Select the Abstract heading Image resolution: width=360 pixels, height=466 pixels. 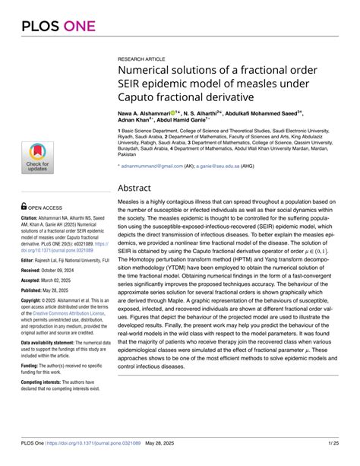(x=142, y=187)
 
